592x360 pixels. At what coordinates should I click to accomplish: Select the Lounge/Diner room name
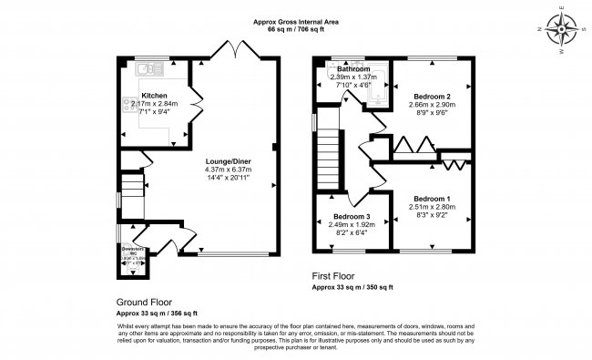coord(225,157)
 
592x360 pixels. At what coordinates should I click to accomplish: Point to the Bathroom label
coord(353,69)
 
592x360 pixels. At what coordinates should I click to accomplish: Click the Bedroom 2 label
coord(433,96)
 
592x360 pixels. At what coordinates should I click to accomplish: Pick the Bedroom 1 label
coord(432,198)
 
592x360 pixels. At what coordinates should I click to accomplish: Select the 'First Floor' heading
coord(334,275)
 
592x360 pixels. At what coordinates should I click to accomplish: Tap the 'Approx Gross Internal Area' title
coord(296,21)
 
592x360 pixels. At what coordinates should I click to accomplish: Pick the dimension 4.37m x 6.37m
coord(225,168)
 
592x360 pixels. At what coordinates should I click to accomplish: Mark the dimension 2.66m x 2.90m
coord(433,107)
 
